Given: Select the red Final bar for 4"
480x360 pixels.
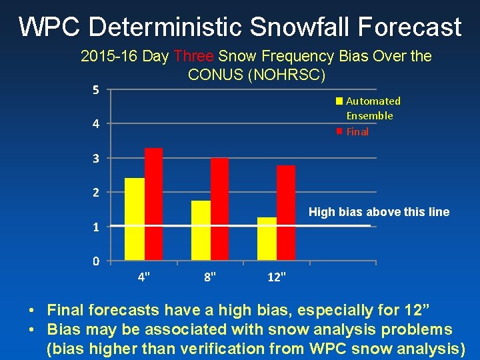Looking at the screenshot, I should click(153, 204).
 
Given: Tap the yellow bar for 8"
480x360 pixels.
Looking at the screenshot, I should click(201, 230).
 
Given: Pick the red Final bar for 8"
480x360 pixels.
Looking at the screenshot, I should click(219, 209).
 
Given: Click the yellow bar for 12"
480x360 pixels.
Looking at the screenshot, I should click(267, 238).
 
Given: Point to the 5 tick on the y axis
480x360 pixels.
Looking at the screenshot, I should click(96, 90).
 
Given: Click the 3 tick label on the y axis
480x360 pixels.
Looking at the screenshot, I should click(96, 159).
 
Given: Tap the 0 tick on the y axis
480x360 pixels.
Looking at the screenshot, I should click(96, 261).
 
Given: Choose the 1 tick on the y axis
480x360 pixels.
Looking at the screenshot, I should click(96, 227).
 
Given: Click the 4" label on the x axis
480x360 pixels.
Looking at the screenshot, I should click(143, 276).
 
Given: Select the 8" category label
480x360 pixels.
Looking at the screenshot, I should click(210, 276).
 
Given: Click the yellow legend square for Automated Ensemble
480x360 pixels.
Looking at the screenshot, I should click(339, 101).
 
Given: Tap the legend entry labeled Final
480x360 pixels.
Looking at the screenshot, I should click(357, 132).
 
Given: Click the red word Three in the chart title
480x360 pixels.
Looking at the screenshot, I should click(194, 57).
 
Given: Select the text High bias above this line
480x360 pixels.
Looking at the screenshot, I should click(379, 212).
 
